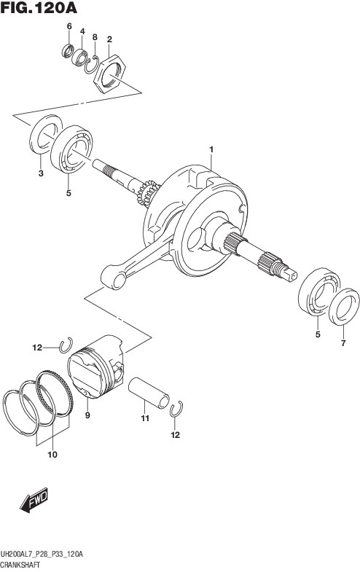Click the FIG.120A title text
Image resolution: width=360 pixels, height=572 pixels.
(39, 8)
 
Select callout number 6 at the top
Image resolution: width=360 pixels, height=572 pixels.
(69, 26)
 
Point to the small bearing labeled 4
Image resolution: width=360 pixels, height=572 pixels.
(79, 58)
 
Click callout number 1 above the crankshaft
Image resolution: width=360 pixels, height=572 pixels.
(211, 149)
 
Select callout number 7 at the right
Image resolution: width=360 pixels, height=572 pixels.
(343, 343)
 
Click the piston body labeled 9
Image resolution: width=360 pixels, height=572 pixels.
(95, 367)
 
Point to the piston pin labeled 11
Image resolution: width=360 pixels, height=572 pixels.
(149, 392)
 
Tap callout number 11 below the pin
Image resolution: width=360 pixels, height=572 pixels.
(145, 418)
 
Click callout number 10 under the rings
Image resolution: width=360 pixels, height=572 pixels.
(52, 455)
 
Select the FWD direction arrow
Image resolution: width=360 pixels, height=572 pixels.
(34, 499)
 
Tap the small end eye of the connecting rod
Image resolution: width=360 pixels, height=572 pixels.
(114, 277)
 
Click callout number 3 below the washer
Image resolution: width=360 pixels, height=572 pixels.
(41, 173)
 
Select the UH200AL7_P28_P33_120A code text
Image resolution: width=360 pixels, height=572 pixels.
(42, 555)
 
